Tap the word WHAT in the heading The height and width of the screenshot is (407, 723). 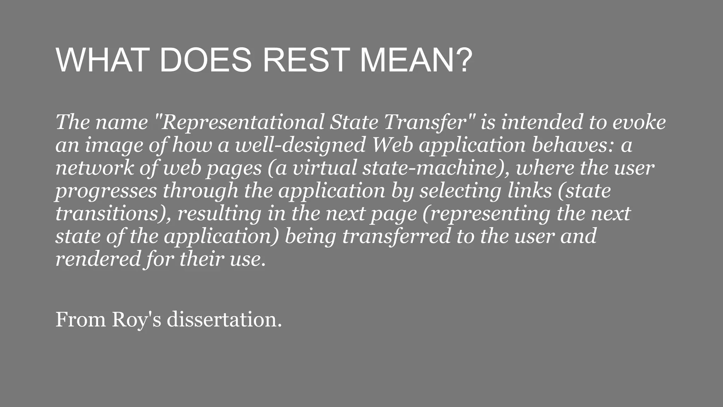[x=101, y=60]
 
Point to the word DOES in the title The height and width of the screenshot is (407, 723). [x=205, y=60]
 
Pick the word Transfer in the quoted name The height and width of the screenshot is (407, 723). [x=429, y=122]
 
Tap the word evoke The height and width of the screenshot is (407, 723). [x=639, y=122]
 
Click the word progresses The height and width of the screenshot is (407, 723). [x=106, y=191]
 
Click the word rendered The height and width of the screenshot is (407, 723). [x=98, y=259]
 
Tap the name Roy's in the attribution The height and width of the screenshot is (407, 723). [x=136, y=320]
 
